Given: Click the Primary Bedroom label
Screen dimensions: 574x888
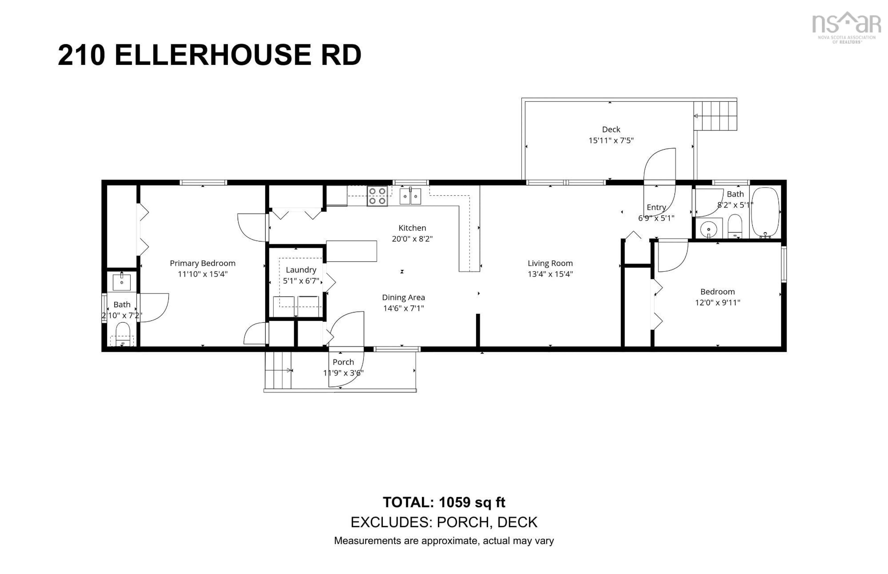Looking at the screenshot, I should (x=203, y=263).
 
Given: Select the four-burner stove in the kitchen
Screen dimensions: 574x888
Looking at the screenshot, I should (x=377, y=196).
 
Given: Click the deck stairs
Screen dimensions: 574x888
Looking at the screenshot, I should (x=715, y=116).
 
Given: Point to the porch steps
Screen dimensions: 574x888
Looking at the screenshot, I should (x=278, y=370).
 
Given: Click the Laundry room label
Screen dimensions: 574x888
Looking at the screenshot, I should (x=301, y=269).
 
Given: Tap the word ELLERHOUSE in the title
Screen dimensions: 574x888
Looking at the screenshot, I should (x=213, y=55).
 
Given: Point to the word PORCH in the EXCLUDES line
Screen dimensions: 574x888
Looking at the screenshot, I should (x=463, y=522).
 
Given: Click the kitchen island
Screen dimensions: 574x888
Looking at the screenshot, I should (x=351, y=251).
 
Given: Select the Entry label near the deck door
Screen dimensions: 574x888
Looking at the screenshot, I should (x=656, y=207).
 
